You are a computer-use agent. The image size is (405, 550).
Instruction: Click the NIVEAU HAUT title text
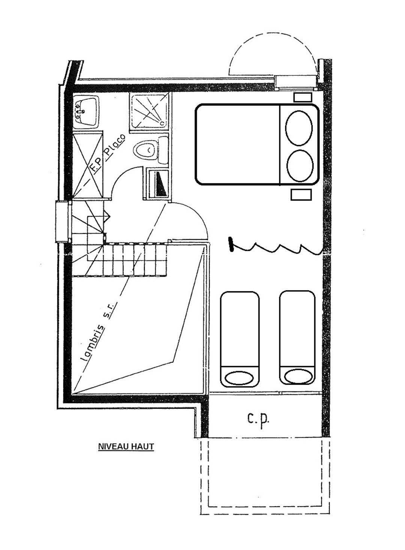[126, 446]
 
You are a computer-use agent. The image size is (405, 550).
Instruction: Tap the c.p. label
[258, 420]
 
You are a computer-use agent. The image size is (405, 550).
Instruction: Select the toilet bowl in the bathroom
[145, 150]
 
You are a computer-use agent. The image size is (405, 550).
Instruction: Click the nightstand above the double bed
[303, 97]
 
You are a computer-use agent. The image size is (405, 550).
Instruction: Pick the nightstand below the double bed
[301, 195]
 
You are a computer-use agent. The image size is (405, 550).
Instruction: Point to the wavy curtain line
[277, 248]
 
